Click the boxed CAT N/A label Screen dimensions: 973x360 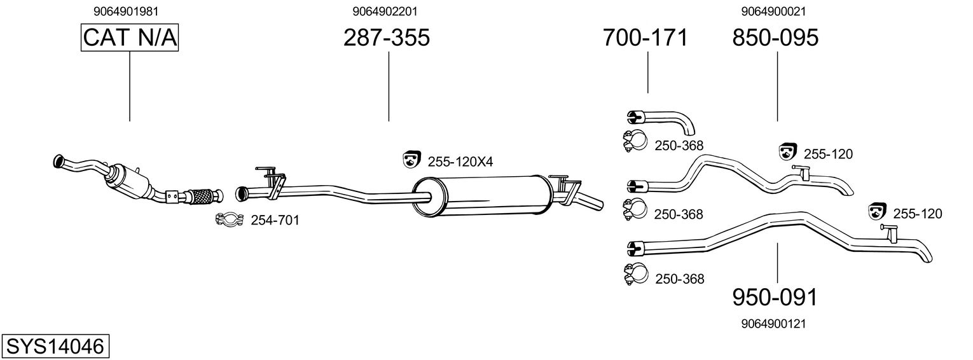tap(130, 38)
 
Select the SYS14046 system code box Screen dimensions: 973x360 tap(55, 347)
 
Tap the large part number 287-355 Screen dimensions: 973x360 tap(387, 38)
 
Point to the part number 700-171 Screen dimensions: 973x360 tap(645, 38)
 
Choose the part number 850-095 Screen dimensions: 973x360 tap(775, 38)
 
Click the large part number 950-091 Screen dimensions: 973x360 tap(774, 297)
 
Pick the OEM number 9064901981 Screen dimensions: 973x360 tap(130, 11)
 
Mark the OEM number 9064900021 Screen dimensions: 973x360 tap(774, 11)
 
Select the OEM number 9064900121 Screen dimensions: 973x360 tap(774, 324)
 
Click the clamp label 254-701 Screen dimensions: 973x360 tap(275, 221)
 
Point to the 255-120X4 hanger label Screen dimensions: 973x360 tap(460, 162)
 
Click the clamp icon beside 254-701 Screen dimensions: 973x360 tap(230, 220)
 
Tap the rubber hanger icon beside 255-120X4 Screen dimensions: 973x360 tap(412, 160)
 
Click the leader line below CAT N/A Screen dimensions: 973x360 tap(130, 86)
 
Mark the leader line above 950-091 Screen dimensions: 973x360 tap(777, 262)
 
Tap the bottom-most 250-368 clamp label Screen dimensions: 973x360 tap(679, 279)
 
